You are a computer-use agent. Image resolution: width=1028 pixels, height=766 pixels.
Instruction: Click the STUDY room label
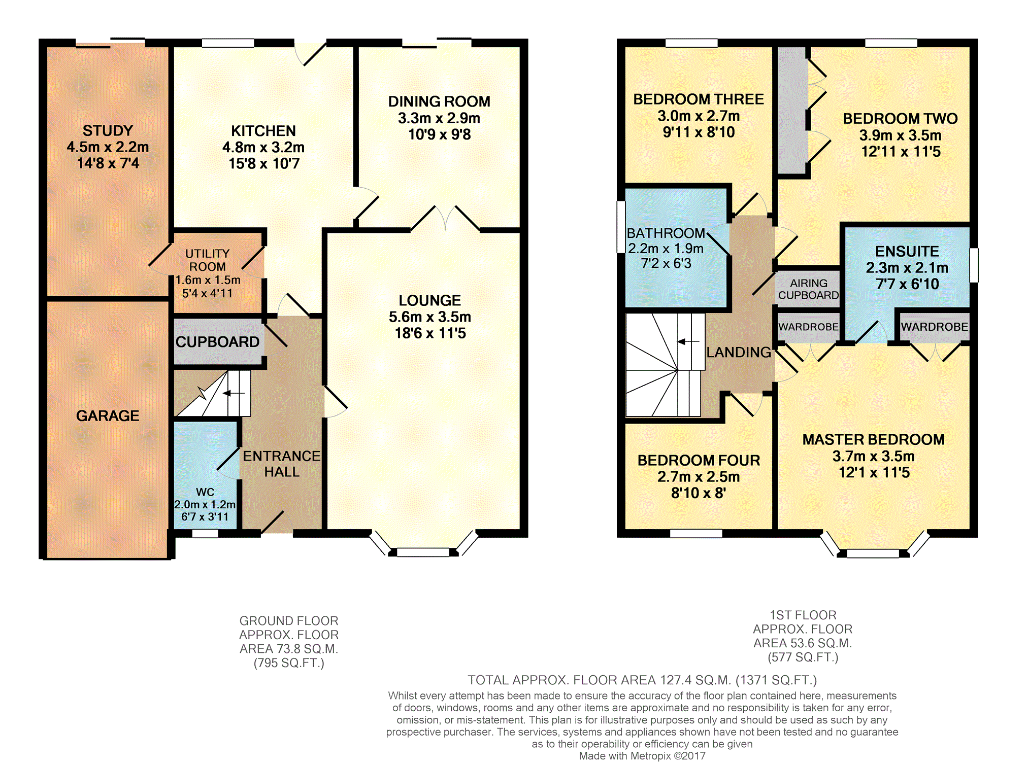(x=108, y=131)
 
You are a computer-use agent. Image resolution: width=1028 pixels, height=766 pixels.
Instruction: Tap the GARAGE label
(x=108, y=416)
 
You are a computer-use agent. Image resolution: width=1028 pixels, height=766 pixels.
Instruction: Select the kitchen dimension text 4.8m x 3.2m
(x=263, y=148)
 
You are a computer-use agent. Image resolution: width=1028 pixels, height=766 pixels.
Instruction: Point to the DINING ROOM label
(x=439, y=101)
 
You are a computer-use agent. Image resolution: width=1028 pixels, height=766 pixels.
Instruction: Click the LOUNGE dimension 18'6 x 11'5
(x=430, y=333)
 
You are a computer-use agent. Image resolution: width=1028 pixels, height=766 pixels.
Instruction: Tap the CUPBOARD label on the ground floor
(x=217, y=342)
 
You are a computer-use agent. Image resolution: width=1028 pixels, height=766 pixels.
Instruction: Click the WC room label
(x=205, y=492)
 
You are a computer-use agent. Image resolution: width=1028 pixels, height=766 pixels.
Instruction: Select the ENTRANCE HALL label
(x=282, y=464)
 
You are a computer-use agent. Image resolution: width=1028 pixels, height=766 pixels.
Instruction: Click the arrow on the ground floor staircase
(x=234, y=393)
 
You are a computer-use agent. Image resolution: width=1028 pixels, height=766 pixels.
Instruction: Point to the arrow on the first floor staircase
(x=688, y=341)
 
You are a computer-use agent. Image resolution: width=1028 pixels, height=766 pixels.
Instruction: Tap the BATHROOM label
(x=666, y=233)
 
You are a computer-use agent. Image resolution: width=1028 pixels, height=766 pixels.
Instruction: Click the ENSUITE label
(x=907, y=252)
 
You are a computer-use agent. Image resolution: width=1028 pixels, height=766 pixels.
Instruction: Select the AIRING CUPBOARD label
(x=809, y=289)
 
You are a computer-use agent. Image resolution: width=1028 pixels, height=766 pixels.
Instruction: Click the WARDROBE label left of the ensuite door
(x=809, y=327)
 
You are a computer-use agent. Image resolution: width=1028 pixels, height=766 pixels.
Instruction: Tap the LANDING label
(x=739, y=352)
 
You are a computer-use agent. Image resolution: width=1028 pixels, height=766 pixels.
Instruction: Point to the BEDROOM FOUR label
(x=699, y=461)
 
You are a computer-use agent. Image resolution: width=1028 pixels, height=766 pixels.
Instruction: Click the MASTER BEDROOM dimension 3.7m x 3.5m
(x=874, y=457)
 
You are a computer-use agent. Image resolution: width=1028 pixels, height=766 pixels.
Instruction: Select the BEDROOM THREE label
(x=699, y=99)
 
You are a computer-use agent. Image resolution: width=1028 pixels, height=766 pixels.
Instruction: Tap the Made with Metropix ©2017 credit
(x=642, y=756)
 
